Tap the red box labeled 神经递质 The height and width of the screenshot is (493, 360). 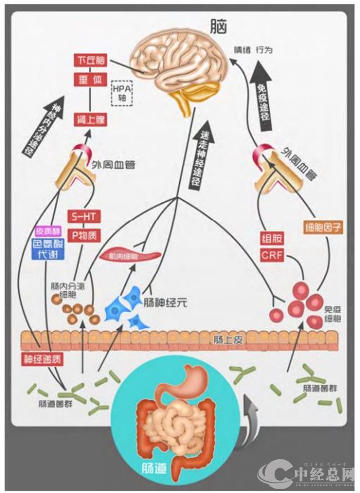[x=42, y=358]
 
